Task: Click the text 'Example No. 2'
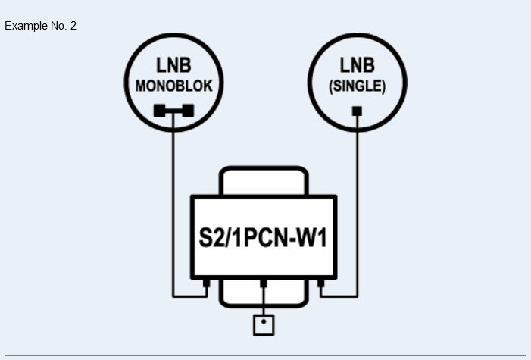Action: point(40,26)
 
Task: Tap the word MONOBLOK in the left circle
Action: point(173,86)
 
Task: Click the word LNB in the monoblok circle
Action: point(173,67)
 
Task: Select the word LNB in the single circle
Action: point(357,67)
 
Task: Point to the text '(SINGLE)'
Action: point(357,86)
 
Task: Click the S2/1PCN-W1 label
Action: point(263,239)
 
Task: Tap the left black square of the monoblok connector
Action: point(160,111)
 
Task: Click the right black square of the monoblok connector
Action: point(187,111)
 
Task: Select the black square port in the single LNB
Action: point(357,111)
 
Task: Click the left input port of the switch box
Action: point(206,284)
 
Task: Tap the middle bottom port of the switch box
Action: point(263,284)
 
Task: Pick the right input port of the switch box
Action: point(320,284)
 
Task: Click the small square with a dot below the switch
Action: point(263,325)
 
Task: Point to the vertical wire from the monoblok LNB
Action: point(173,205)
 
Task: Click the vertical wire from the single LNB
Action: point(357,205)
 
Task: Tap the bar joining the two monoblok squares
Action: point(173,111)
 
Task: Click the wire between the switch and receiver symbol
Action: point(263,303)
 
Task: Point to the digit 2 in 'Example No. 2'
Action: point(73,26)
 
